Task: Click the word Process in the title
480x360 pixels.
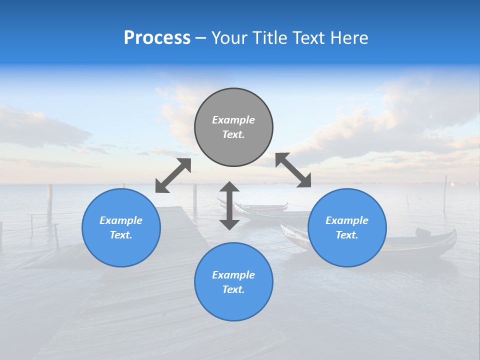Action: point(157,38)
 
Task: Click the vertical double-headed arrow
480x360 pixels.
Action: point(229,205)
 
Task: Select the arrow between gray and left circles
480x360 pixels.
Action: point(173,175)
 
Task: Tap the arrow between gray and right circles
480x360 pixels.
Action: point(293,170)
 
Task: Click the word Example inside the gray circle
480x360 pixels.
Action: point(233,120)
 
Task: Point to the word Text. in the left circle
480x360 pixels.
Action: point(121,235)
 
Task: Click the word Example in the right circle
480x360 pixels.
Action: point(347,220)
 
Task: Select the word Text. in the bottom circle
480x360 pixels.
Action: point(233,289)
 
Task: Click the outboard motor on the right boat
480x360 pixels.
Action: point(423,232)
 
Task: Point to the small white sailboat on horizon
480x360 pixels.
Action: point(452,184)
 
